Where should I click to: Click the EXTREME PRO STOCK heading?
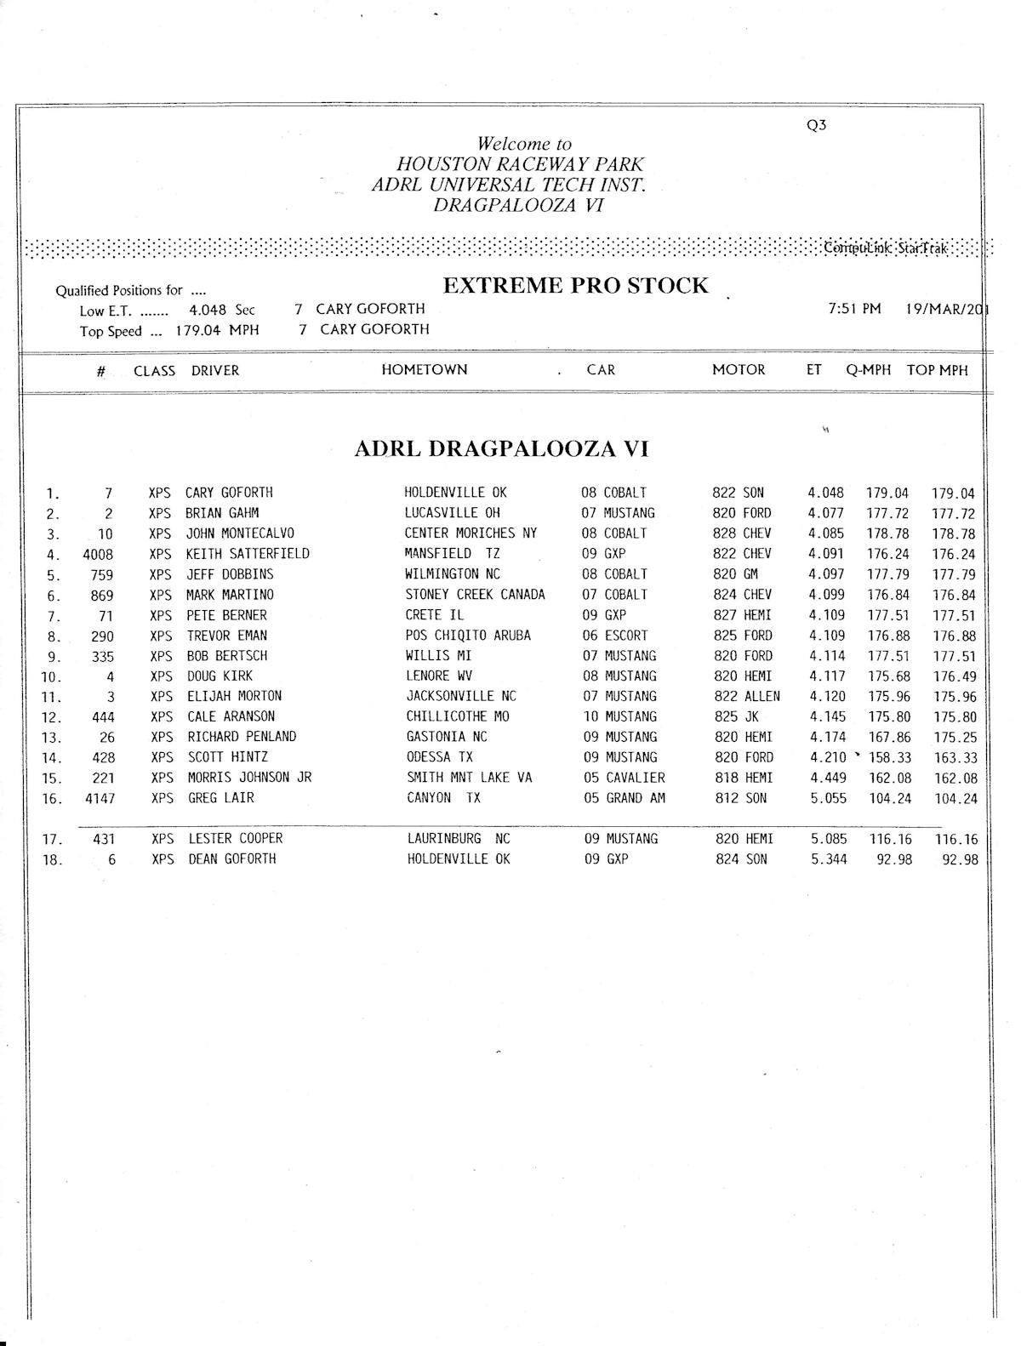[575, 286]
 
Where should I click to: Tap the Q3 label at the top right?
[816, 125]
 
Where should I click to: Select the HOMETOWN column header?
[425, 370]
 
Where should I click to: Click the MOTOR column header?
[739, 370]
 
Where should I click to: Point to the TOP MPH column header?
[937, 370]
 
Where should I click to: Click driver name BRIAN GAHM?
[222, 513]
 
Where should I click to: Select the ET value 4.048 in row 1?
[825, 493]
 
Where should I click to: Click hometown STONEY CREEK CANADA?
[475, 595]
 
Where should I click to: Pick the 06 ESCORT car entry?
[615, 636]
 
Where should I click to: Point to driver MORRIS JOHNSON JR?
[249, 778]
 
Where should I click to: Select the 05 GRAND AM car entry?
[624, 798]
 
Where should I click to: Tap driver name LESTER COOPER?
[236, 839]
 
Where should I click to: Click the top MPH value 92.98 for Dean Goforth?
[960, 859]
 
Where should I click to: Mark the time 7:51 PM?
[854, 309]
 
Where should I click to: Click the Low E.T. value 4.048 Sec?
[221, 311]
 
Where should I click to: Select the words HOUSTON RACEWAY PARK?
[520, 164]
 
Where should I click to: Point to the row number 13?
[53, 738]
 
